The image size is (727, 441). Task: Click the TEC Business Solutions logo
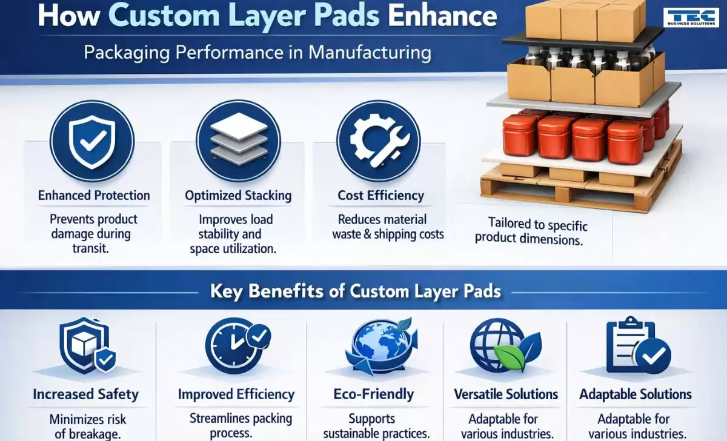click(x=691, y=18)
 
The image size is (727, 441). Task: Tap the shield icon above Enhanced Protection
click(x=92, y=141)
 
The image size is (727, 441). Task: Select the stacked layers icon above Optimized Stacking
click(x=239, y=141)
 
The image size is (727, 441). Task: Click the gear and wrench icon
click(x=379, y=141)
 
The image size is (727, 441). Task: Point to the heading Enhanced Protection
click(x=94, y=195)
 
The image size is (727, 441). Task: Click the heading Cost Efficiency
click(x=380, y=195)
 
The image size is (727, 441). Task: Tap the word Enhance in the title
click(x=442, y=16)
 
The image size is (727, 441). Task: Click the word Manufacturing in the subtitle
click(x=370, y=53)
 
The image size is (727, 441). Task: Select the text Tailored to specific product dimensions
click(x=531, y=231)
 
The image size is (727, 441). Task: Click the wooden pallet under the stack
click(x=581, y=182)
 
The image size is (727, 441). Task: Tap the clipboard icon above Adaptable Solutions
click(x=639, y=346)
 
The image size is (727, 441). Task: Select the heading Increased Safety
click(x=85, y=394)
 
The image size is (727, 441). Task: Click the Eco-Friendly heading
click(x=374, y=394)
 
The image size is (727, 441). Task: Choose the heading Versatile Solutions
click(x=506, y=394)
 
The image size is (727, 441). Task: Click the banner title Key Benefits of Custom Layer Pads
click(x=356, y=291)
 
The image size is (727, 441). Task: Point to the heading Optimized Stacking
click(x=238, y=195)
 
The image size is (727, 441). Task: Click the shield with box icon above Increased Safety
click(x=88, y=346)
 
